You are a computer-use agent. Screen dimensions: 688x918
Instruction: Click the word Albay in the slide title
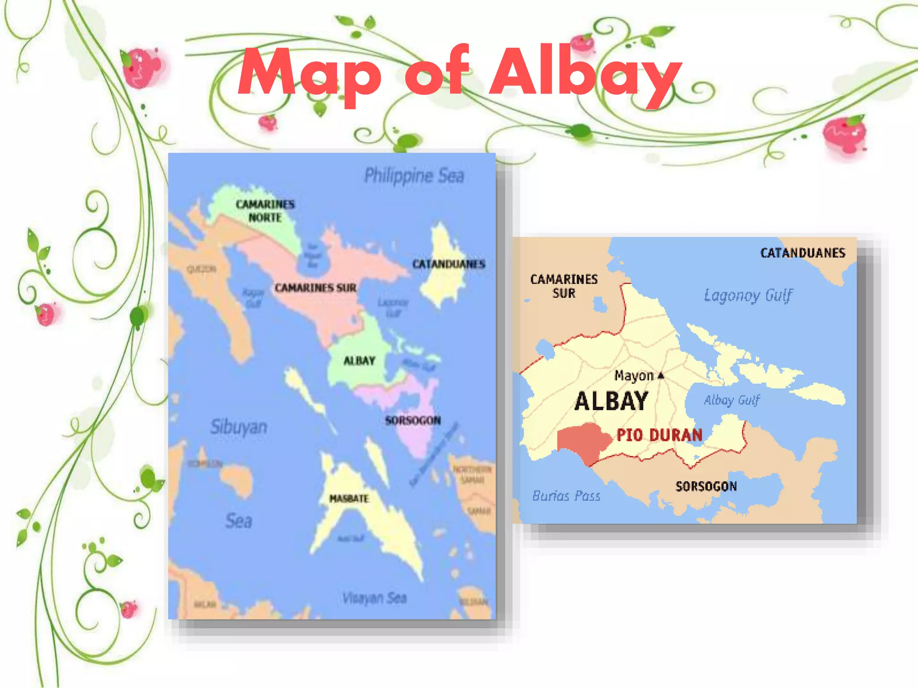click(x=585, y=72)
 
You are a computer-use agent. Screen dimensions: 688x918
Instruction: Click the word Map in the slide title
click(x=309, y=74)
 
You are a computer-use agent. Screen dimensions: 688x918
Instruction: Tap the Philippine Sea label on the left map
click(x=414, y=176)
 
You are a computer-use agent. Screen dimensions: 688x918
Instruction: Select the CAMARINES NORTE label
click(x=265, y=211)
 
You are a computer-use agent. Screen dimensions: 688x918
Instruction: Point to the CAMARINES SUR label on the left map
click(x=316, y=288)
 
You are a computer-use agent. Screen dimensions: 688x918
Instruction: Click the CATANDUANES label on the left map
click(x=449, y=264)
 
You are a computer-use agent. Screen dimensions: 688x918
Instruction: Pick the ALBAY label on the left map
click(x=359, y=361)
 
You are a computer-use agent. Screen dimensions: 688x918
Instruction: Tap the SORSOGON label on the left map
click(x=413, y=420)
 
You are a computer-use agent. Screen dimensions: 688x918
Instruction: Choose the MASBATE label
click(x=349, y=499)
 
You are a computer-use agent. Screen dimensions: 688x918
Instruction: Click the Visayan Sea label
click(x=374, y=598)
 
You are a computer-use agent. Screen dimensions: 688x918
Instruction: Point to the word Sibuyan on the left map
click(x=239, y=427)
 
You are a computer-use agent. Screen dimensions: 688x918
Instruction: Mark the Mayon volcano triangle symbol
click(x=661, y=375)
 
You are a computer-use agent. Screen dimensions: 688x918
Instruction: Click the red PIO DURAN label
click(x=659, y=435)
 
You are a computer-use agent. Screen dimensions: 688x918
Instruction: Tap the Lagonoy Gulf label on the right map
click(x=748, y=296)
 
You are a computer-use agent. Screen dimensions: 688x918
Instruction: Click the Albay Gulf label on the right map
click(x=732, y=400)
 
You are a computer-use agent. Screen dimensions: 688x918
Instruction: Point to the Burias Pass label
click(x=566, y=496)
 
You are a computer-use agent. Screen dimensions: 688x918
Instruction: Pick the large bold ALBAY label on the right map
click(x=611, y=401)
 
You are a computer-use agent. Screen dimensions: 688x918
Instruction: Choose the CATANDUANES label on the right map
click(x=803, y=253)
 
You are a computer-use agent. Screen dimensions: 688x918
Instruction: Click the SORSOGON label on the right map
click(x=706, y=486)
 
